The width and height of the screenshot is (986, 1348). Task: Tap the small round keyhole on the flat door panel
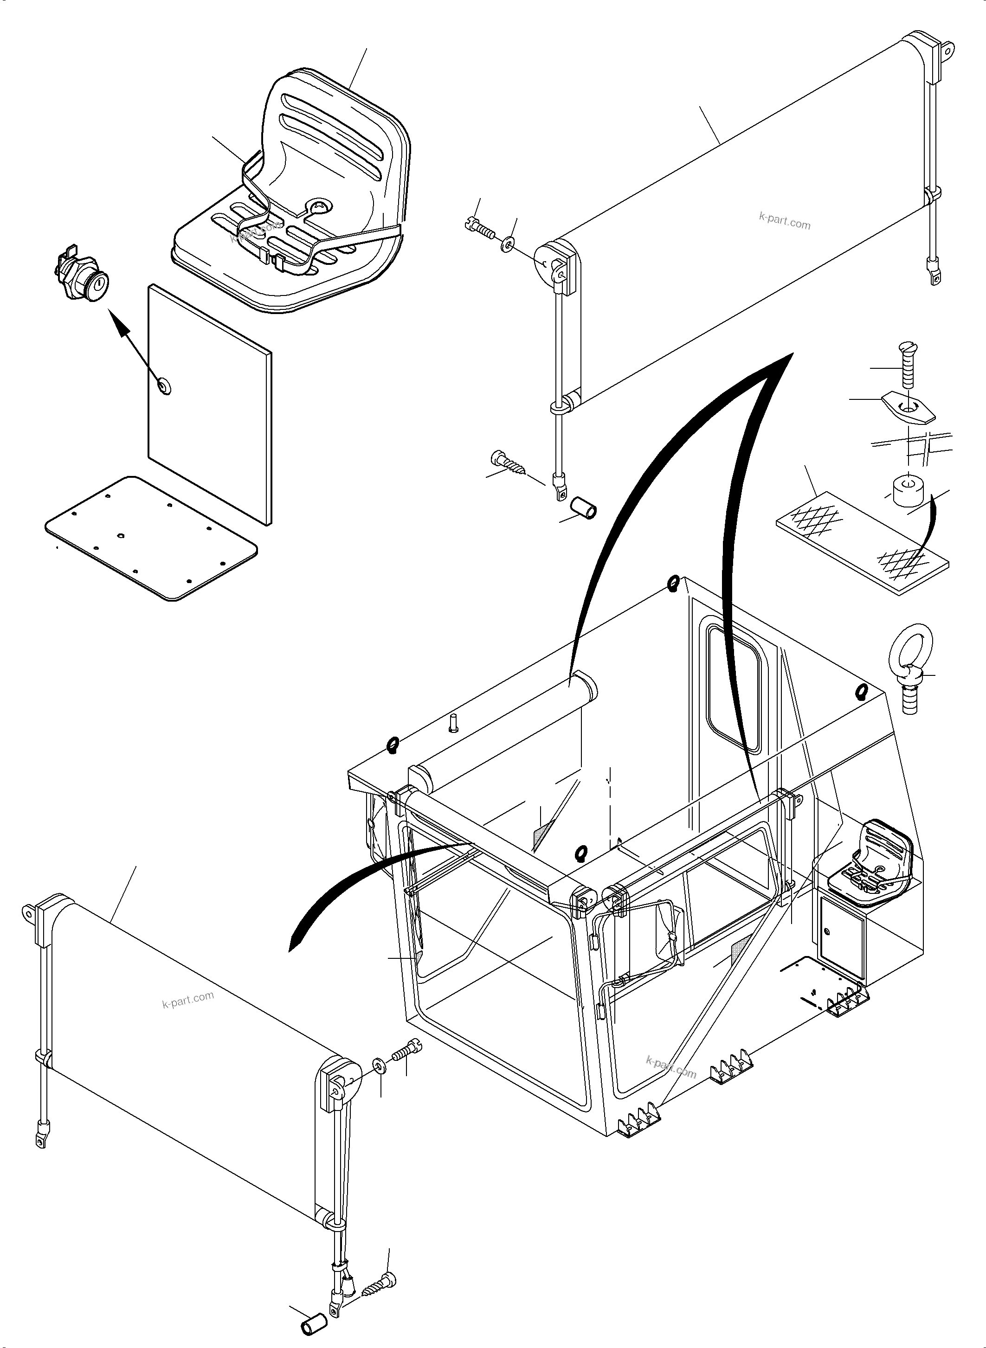163,386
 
